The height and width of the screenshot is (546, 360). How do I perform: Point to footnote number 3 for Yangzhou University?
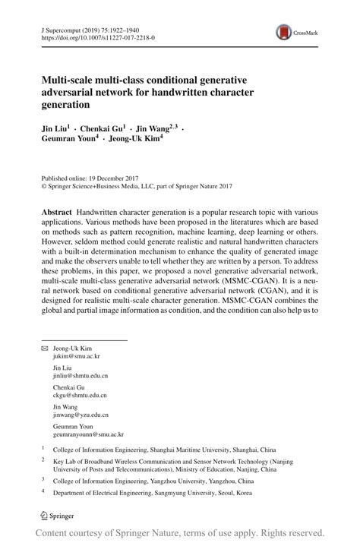point(43,480)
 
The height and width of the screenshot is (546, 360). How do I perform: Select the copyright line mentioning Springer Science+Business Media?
point(136,185)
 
